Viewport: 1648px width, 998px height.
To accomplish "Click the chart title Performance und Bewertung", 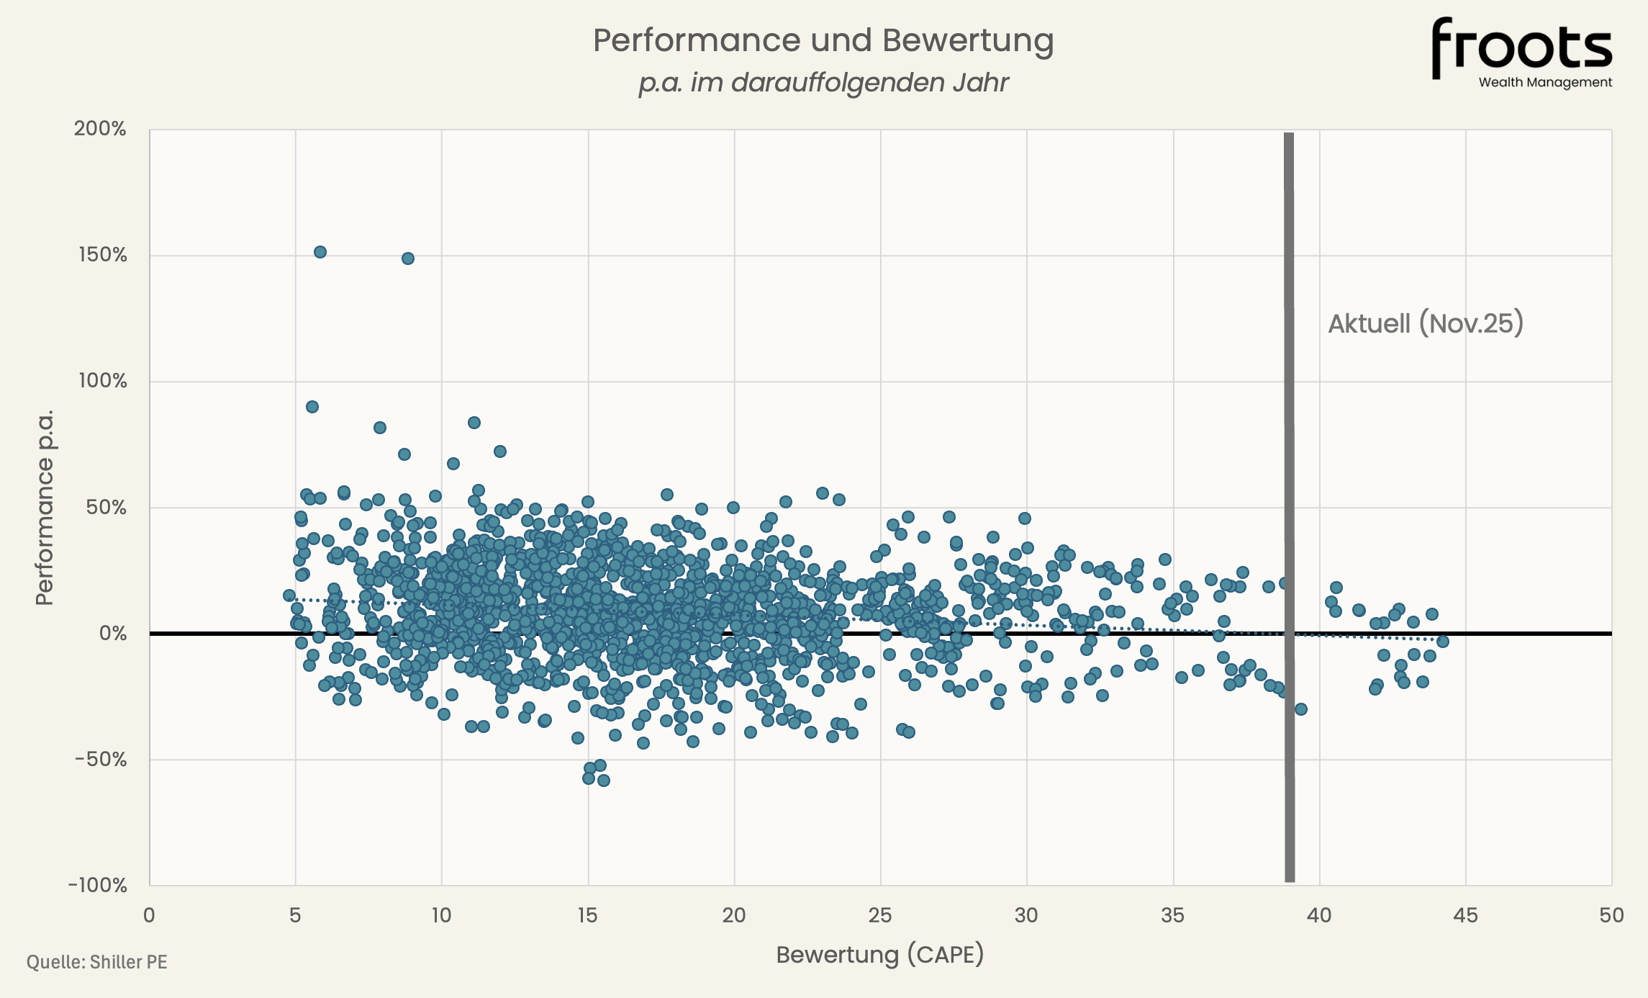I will pyautogui.click(x=823, y=40).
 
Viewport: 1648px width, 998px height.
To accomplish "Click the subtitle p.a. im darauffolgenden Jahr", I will pyautogui.click(x=823, y=83).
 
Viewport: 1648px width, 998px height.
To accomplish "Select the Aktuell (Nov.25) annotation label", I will pyautogui.click(x=1426, y=323).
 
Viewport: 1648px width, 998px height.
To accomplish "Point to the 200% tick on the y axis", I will pyautogui.click(x=100, y=129).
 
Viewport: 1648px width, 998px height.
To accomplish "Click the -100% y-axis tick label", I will pyautogui.click(x=98, y=885).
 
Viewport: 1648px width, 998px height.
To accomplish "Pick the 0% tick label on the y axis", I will pyautogui.click(x=112, y=634).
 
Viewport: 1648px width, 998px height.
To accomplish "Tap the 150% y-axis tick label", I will pyautogui.click(x=102, y=255).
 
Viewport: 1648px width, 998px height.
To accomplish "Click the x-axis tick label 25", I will pyautogui.click(x=880, y=915).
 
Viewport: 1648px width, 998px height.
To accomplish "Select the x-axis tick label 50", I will pyautogui.click(x=1611, y=915).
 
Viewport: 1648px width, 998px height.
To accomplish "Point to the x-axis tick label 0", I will pyautogui.click(x=149, y=915).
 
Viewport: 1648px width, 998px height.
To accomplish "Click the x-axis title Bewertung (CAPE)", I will pyautogui.click(x=879, y=955).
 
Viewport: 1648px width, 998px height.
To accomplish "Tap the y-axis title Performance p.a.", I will pyautogui.click(x=45, y=508).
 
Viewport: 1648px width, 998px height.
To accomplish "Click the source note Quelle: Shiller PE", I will pyautogui.click(x=97, y=962).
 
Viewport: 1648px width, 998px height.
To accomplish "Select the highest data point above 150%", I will pyautogui.click(x=320, y=252).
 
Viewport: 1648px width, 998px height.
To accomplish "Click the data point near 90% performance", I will pyautogui.click(x=312, y=407).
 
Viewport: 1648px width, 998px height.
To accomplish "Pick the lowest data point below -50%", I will pyautogui.click(x=604, y=781).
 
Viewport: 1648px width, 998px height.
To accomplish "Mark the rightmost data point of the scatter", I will pyautogui.click(x=1442, y=642).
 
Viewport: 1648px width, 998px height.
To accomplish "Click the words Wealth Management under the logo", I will pyautogui.click(x=1545, y=82).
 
